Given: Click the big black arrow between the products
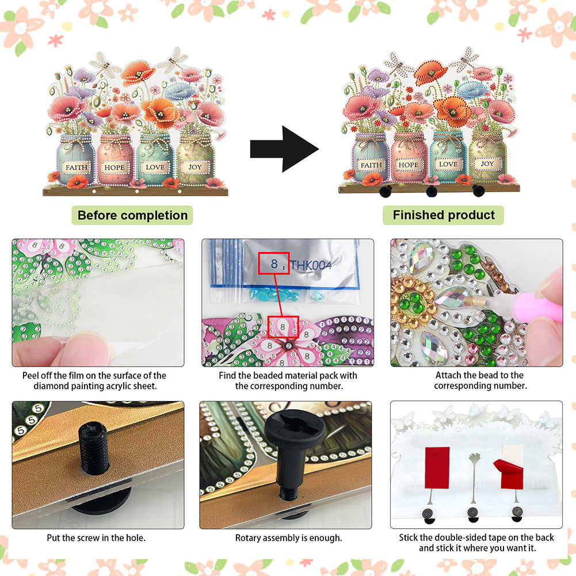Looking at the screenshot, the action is [284, 149].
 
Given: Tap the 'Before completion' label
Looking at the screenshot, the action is [132, 215].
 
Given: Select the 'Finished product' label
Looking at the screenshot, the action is [444, 215].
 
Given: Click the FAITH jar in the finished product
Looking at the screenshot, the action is [371, 158].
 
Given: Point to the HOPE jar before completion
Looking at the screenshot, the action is [115, 161].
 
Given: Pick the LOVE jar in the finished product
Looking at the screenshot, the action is [448, 157].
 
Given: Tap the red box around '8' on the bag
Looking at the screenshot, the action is [274, 263].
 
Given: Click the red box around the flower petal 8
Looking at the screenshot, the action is [283, 327].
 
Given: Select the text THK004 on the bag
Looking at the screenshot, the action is [311, 265].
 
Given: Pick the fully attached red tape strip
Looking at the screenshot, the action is [437, 468].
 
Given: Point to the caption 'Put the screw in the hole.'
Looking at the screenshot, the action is [96, 538].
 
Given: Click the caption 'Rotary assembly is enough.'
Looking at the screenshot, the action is [288, 538].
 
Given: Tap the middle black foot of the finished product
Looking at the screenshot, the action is [432, 191].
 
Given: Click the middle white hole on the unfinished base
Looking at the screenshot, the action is [137, 192].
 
